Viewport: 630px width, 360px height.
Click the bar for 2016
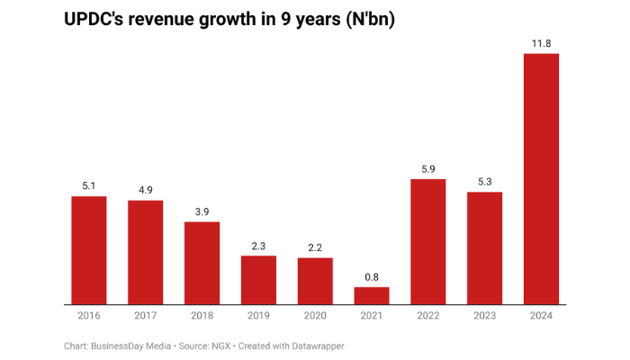point(89,250)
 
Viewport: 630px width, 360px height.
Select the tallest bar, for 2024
point(541,179)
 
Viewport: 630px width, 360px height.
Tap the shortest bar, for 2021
point(372,296)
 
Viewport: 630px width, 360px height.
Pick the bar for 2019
point(258,280)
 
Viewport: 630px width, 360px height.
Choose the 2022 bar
point(428,242)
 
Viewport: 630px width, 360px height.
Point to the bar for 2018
point(202,263)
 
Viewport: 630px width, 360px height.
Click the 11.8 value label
point(541,42)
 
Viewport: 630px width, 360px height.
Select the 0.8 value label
point(372,276)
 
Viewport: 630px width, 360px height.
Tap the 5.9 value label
point(428,168)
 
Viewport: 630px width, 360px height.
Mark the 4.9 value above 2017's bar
point(146,189)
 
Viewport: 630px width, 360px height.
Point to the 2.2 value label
point(315,247)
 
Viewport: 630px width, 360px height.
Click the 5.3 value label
point(484,181)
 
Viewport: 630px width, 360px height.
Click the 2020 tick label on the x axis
point(315,317)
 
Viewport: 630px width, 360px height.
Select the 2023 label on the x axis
point(484,317)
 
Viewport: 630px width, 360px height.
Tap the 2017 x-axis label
point(146,317)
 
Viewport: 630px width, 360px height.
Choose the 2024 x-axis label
point(541,317)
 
